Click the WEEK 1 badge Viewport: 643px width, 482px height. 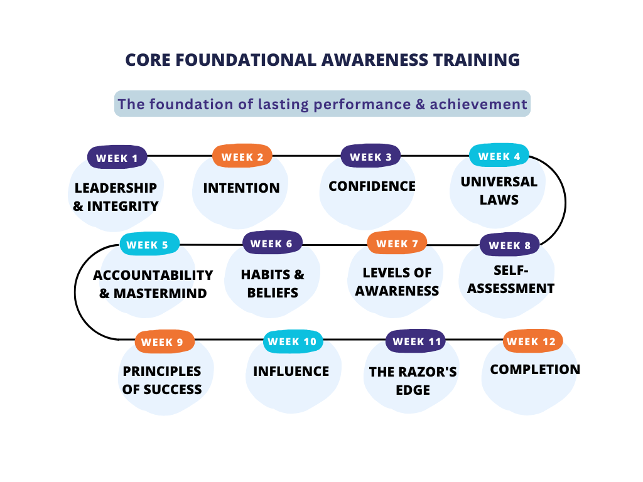(x=117, y=157)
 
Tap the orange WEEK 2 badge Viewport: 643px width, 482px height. (x=242, y=156)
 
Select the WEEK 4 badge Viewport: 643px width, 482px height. (x=499, y=155)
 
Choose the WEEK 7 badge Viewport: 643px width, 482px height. (x=397, y=243)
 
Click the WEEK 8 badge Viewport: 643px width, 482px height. (x=510, y=245)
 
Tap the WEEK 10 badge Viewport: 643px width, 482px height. (x=293, y=341)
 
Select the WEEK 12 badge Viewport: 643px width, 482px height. (x=532, y=341)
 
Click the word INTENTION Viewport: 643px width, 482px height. (x=242, y=188)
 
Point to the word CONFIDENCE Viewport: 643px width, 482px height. (x=372, y=186)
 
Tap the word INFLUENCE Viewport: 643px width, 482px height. (x=291, y=372)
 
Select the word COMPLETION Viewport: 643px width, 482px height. (x=535, y=370)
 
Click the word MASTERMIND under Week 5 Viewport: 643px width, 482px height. (x=160, y=294)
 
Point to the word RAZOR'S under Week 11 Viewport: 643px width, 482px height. (x=428, y=372)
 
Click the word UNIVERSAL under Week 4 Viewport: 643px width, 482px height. (x=499, y=182)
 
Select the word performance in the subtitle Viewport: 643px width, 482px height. (x=362, y=104)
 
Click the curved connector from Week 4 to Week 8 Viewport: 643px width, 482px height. (x=565, y=201)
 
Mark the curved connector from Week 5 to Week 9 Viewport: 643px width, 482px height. (x=75, y=292)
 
